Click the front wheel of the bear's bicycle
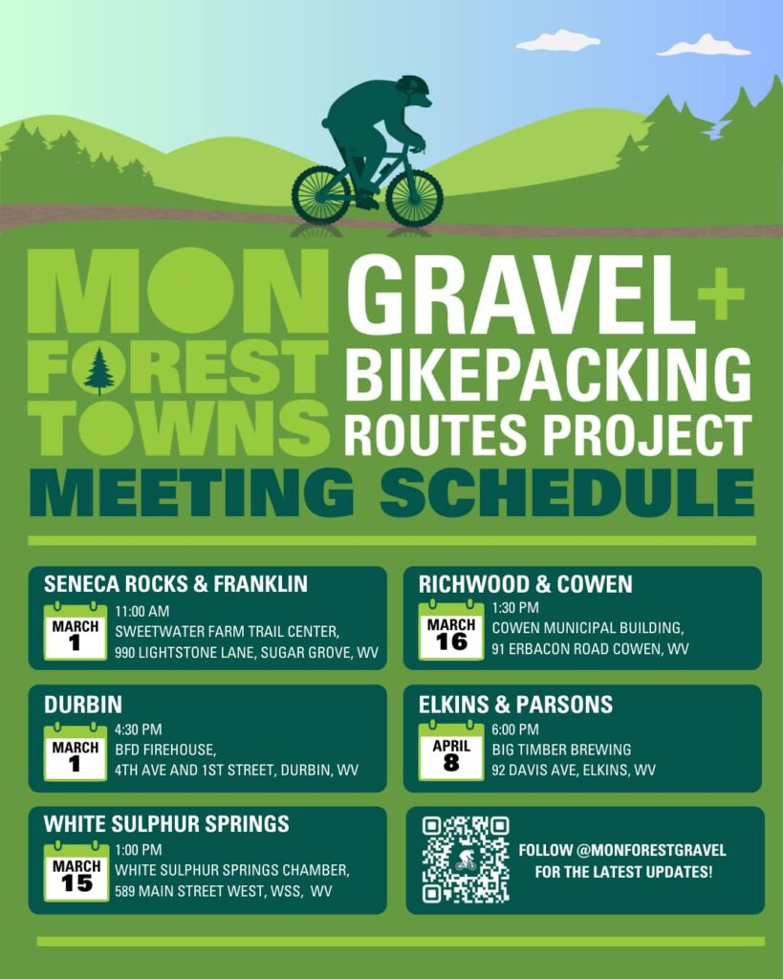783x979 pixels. pos(415,198)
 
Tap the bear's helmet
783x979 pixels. pos(413,85)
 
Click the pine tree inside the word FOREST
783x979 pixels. pos(98,371)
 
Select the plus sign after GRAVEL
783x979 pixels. pos(721,294)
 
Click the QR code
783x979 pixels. pos(466,859)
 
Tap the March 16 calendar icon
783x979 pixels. pos(451,630)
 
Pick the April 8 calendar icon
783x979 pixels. pos(451,751)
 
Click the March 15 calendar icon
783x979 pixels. pos(76,872)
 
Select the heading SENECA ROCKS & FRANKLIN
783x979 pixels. pos(176,584)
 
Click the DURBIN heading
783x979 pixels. pos(83,705)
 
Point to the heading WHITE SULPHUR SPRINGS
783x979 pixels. pos(166,823)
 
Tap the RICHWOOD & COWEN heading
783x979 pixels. pos(525,584)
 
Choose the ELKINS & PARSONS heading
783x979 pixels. pos(515,705)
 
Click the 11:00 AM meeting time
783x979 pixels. pos(141,611)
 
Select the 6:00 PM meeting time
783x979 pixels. pos(515,729)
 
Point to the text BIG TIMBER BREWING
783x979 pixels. pos(561,750)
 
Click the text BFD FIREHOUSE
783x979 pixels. pos(165,750)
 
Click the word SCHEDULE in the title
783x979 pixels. pos(568,492)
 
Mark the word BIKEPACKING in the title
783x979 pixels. pos(548,374)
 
